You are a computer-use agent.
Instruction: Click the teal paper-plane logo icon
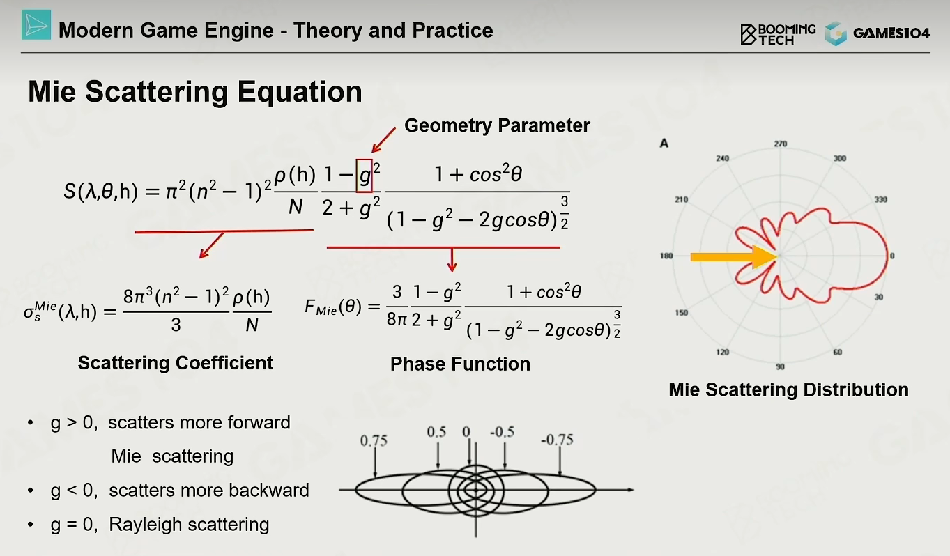pos(36,25)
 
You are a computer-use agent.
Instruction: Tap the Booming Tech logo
pos(778,34)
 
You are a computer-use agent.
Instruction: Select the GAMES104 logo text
pos(891,33)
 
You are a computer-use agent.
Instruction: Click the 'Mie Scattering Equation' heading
pos(195,91)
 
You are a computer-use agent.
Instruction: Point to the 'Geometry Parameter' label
pos(497,125)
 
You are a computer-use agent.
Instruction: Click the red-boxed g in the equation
pos(365,176)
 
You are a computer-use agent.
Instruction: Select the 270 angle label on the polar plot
pos(781,144)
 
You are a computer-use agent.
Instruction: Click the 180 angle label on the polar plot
pos(666,256)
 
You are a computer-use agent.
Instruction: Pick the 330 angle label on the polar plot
pos(880,199)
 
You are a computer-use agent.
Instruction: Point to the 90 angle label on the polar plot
pos(781,367)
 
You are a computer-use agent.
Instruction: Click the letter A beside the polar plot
pos(664,144)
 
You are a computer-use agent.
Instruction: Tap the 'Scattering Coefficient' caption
pos(176,363)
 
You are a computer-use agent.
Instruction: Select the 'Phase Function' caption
pos(460,364)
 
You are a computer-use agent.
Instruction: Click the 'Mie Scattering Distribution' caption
pos(789,389)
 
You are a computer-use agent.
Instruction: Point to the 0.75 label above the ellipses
pos(374,441)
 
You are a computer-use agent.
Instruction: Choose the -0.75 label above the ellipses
pos(557,440)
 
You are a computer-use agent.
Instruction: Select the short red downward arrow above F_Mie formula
pos(452,260)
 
